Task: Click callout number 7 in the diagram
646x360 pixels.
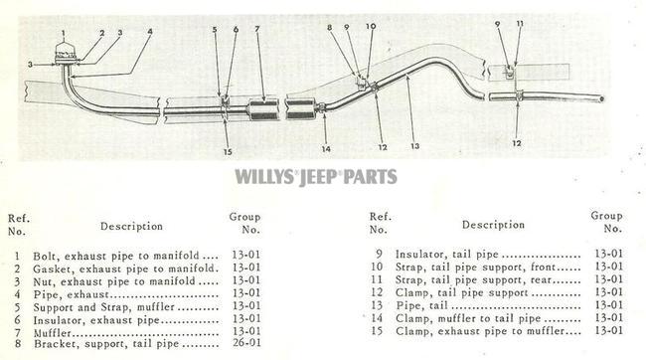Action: click(257, 29)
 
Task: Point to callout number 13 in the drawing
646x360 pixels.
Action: click(414, 146)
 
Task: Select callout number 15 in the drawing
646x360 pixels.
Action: click(228, 151)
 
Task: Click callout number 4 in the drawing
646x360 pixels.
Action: click(150, 31)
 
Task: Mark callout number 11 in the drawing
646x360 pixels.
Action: click(519, 23)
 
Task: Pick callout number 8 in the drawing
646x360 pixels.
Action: click(329, 27)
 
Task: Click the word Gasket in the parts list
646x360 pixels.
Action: click(53, 269)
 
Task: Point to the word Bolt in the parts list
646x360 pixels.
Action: click(46, 255)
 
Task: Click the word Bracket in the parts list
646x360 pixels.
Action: click(55, 345)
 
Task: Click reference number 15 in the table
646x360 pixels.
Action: click(379, 331)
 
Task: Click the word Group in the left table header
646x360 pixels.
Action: click(243, 216)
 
